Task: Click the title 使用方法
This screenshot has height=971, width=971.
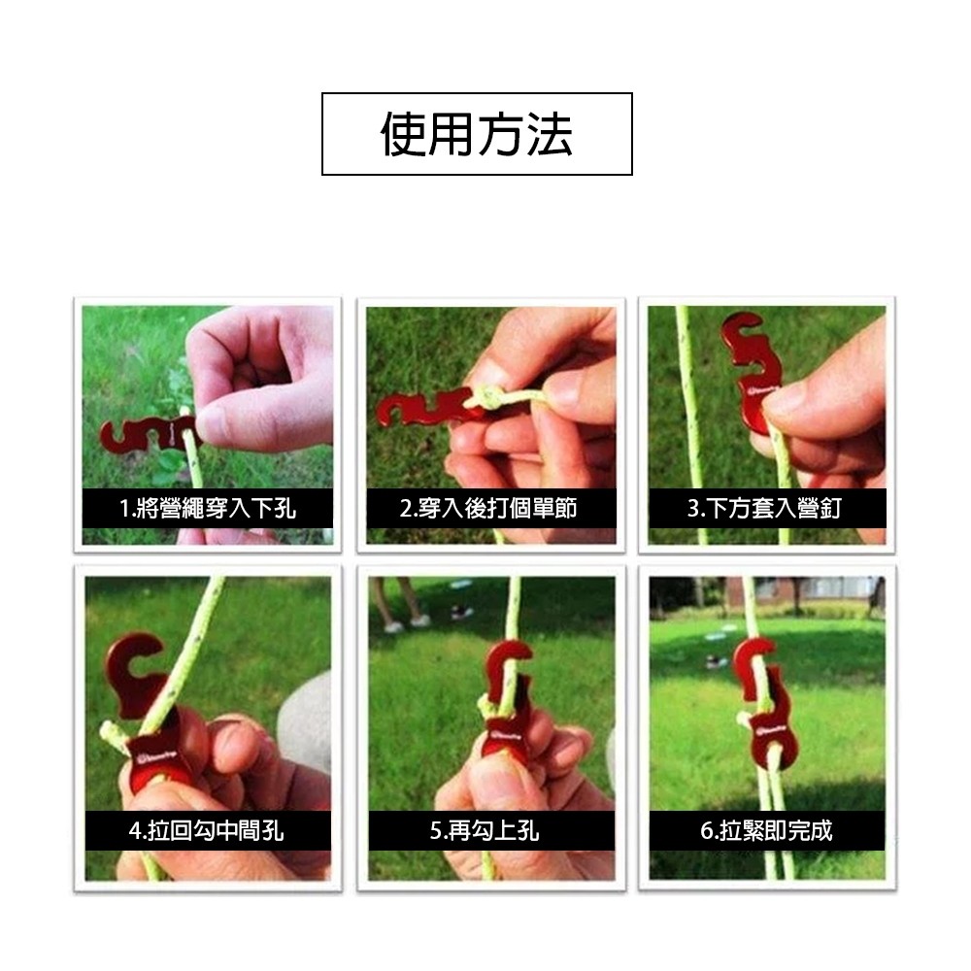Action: (x=476, y=134)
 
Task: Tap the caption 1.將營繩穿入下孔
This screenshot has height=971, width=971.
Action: (x=207, y=509)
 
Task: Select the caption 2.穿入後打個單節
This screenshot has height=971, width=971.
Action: (x=488, y=508)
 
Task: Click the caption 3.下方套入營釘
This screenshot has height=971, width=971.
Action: (x=764, y=509)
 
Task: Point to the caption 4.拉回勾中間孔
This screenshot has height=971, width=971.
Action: (x=206, y=830)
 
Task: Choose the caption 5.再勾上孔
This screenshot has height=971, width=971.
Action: (x=485, y=830)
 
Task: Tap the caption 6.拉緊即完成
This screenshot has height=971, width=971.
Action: (x=766, y=830)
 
